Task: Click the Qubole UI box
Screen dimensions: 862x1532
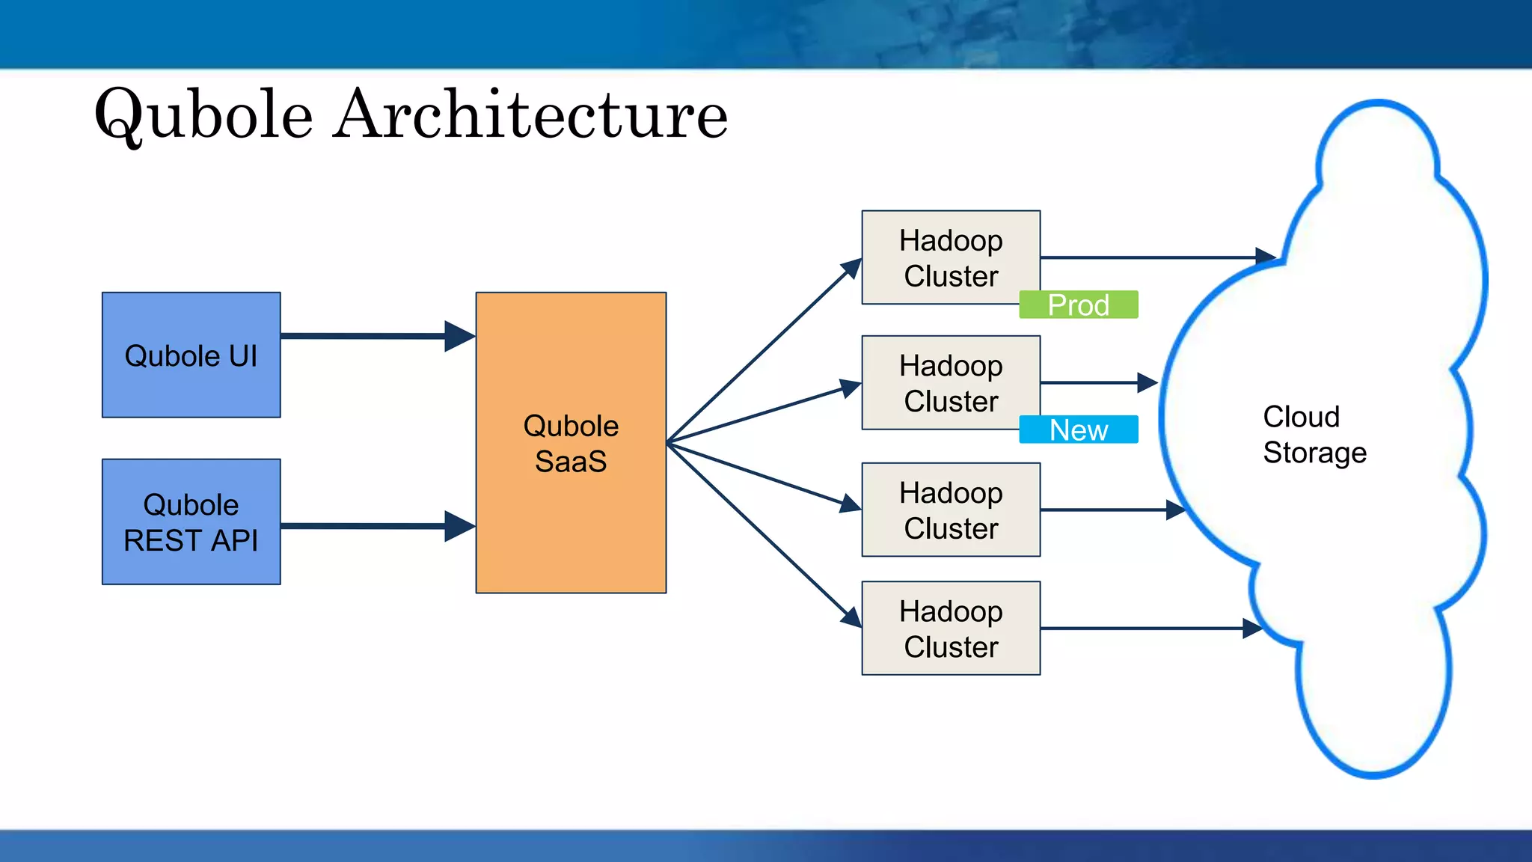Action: tap(191, 355)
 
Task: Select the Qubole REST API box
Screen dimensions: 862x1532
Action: tap(191, 522)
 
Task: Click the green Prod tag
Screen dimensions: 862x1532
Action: tap(1078, 305)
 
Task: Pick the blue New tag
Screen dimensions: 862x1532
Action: tap(1078, 430)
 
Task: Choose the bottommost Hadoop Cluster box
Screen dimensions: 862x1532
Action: tap(950, 629)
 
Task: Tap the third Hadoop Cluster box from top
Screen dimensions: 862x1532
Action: tap(950, 510)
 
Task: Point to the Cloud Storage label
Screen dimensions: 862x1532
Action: tap(1314, 435)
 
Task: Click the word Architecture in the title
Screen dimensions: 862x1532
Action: tap(530, 114)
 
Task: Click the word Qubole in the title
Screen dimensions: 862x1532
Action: tap(203, 114)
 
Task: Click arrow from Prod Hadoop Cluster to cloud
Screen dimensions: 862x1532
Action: tap(1152, 257)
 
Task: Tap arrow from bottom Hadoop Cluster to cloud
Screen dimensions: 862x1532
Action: tap(1145, 629)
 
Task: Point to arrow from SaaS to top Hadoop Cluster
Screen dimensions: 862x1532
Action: tap(763, 352)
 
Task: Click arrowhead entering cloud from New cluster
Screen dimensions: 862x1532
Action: tap(1148, 382)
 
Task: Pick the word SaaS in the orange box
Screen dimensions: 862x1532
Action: tap(571, 462)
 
